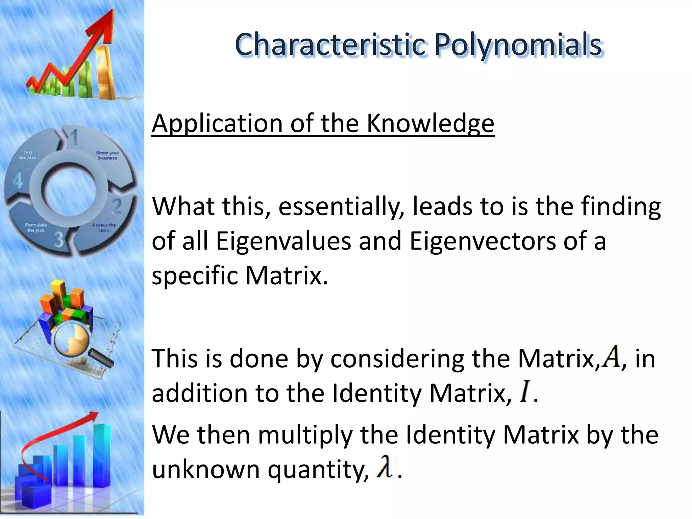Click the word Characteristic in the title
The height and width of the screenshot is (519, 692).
[329, 45]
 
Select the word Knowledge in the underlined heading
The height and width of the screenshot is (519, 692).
[430, 123]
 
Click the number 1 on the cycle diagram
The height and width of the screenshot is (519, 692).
[74, 138]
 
